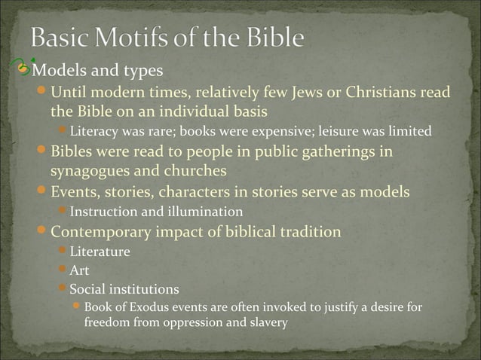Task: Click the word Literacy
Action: [94, 133]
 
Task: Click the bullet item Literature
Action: [100, 251]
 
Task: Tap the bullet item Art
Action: [79, 270]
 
